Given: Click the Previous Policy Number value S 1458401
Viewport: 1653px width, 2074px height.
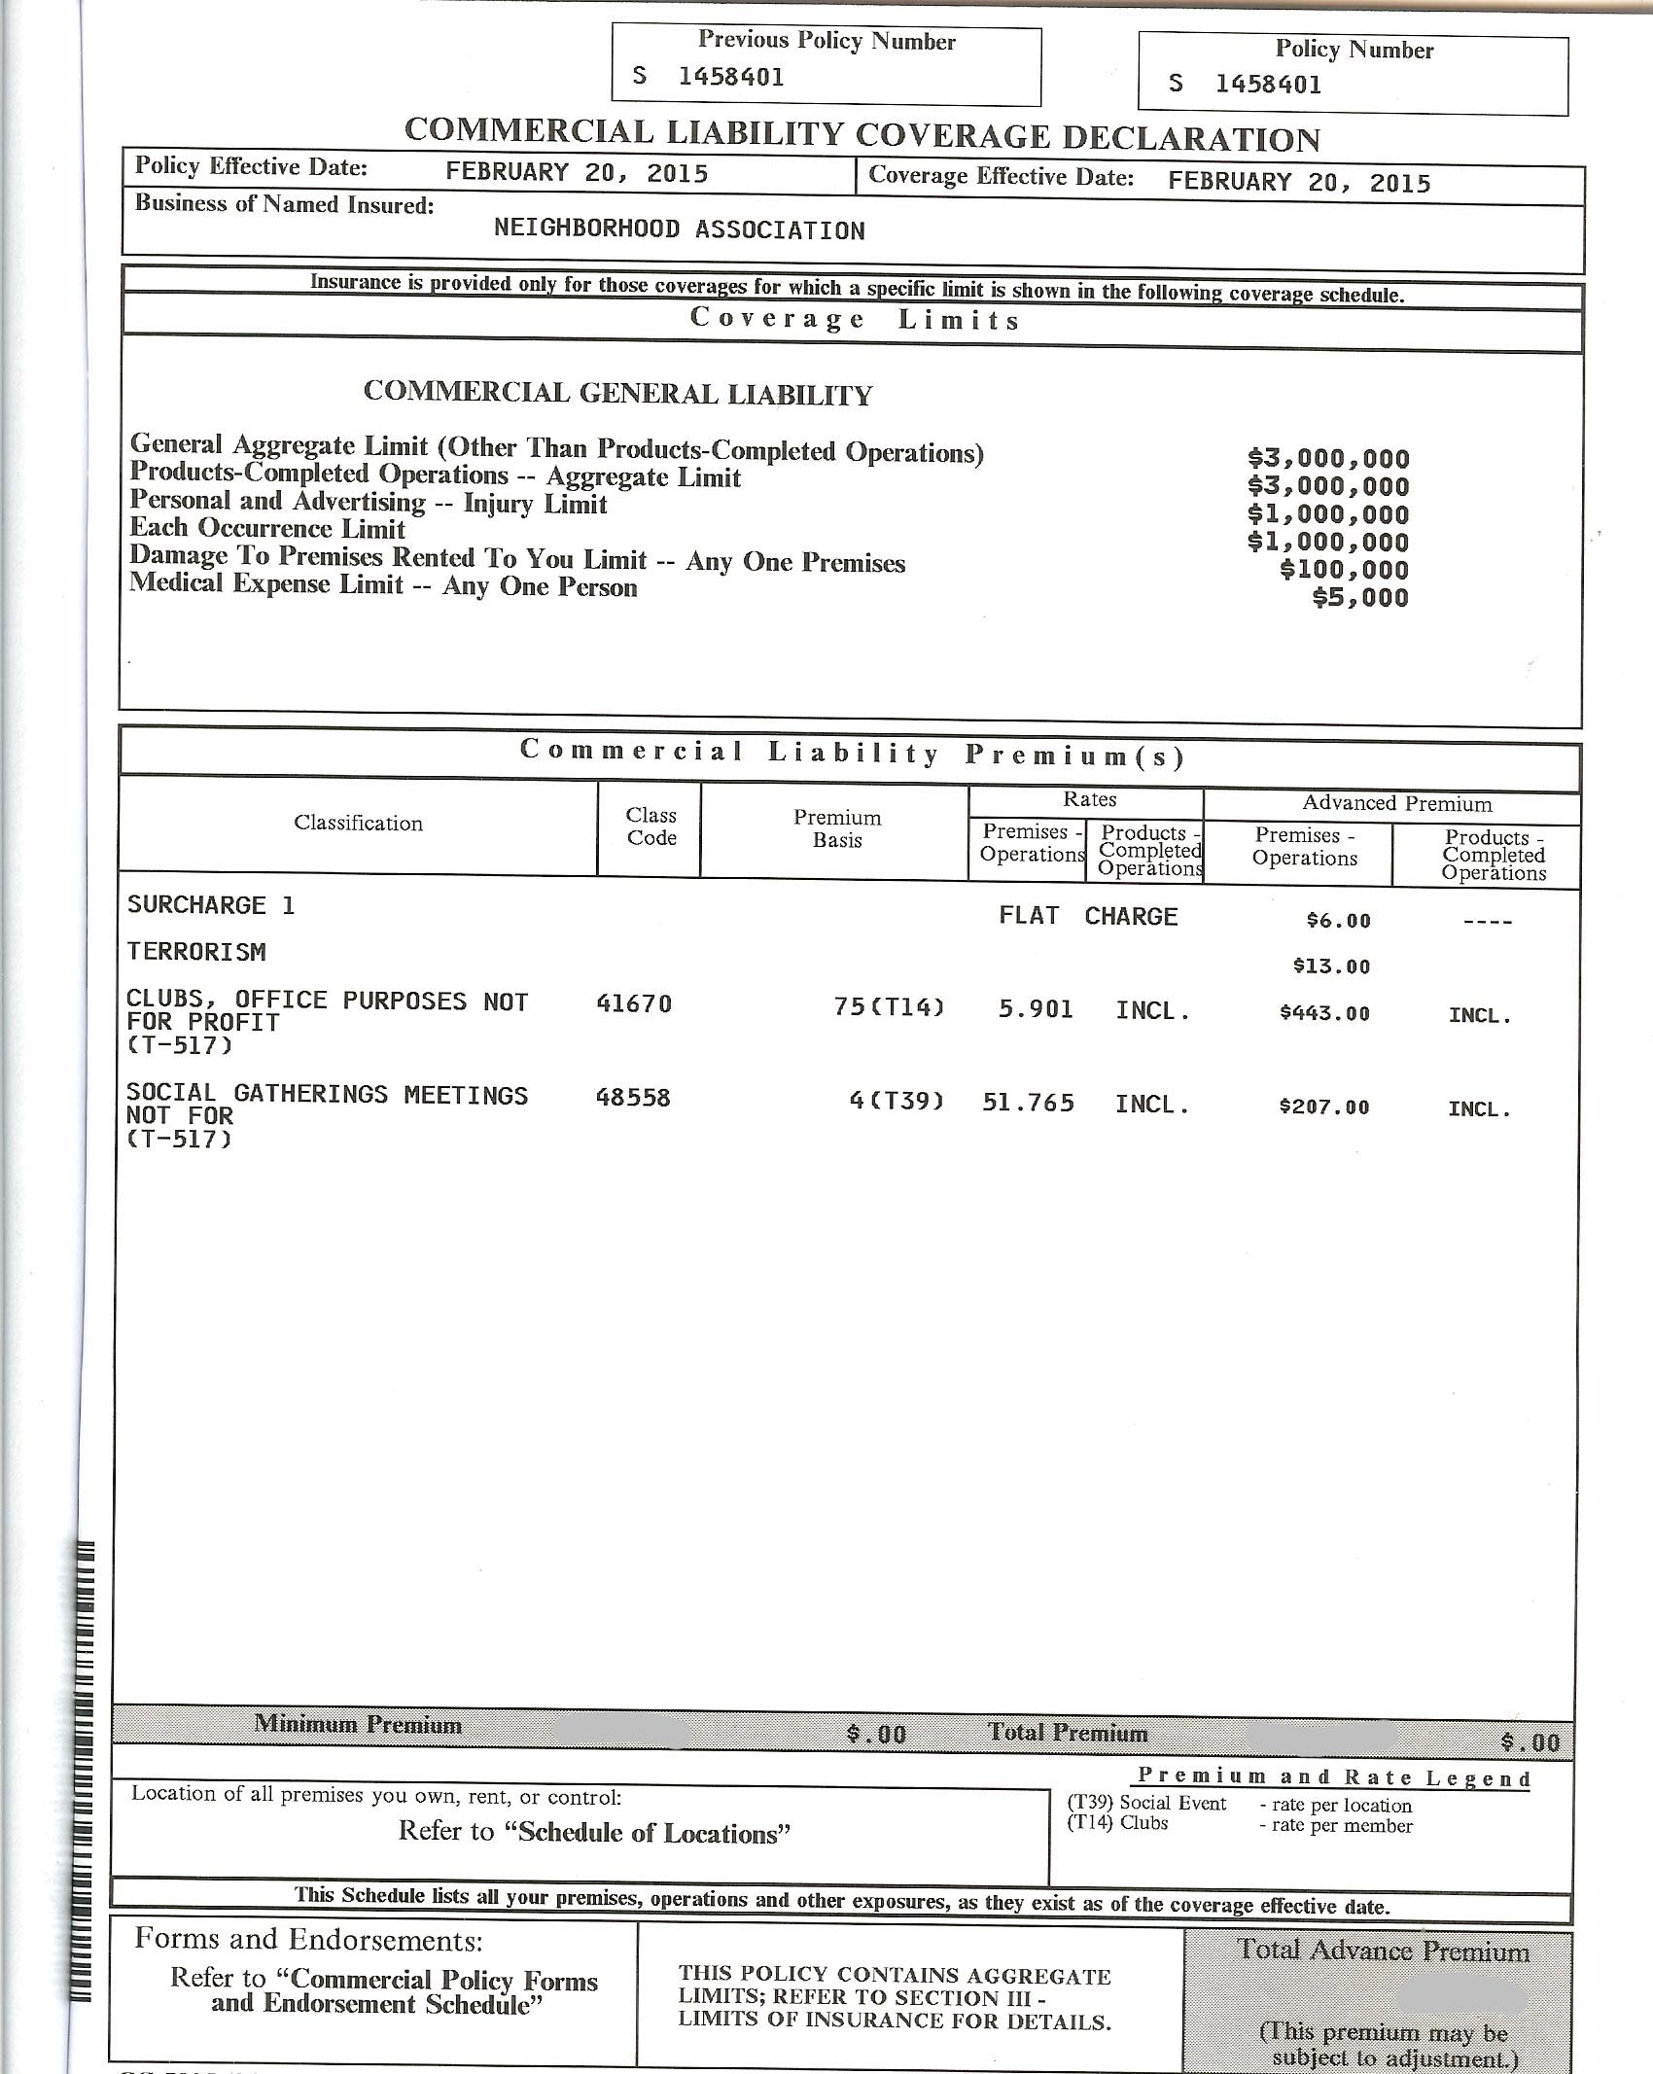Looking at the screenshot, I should (x=709, y=77).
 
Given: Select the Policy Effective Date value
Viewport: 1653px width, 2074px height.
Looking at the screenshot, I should (x=577, y=173).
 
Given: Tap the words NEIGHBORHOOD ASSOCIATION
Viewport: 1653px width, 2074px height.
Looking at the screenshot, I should (x=679, y=230).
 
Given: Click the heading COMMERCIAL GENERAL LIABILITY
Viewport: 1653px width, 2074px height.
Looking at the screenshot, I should (x=617, y=393).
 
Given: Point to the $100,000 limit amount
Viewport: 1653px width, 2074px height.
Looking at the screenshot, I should (x=1344, y=570).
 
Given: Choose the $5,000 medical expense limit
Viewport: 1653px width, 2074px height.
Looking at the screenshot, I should (x=1359, y=597).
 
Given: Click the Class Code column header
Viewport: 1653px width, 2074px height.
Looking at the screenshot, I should (x=651, y=826).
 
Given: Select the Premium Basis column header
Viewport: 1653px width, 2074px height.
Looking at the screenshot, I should (x=836, y=828).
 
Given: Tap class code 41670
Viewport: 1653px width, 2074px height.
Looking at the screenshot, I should (x=633, y=1004).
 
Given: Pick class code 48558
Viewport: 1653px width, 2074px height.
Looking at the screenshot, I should (x=633, y=1098).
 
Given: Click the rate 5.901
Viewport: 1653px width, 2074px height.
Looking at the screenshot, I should (x=1036, y=1009).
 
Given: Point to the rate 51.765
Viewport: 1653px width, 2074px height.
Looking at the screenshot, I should (x=1028, y=1103).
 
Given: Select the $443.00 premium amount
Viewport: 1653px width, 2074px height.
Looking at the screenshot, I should (x=1324, y=1013).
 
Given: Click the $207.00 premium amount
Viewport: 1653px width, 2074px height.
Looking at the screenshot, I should (x=1324, y=1107).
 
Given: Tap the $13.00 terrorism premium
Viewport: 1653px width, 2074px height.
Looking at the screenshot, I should (x=1331, y=967).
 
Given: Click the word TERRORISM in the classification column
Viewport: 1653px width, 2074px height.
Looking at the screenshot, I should (x=196, y=952).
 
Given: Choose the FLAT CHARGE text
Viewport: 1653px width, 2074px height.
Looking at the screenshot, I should (x=1087, y=916).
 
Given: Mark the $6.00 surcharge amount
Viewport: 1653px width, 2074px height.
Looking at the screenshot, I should (x=1338, y=921).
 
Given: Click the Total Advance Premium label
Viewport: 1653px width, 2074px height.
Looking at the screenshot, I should (x=1382, y=1951).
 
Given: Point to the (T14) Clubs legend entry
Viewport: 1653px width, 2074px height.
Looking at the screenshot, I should (x=1117, y=1823).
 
